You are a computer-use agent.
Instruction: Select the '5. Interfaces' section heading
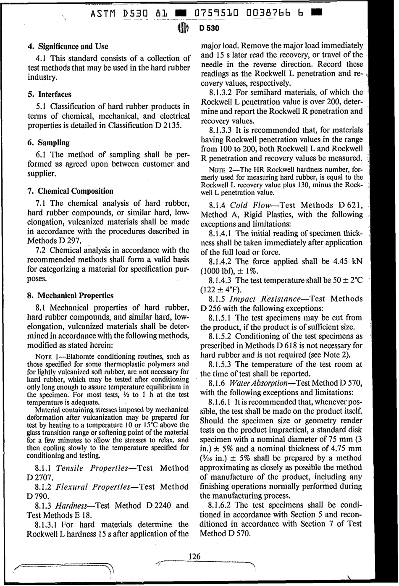(49, 95)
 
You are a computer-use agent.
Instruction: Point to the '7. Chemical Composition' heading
(70, 191)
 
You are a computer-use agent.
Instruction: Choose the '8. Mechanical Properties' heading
(70, 295)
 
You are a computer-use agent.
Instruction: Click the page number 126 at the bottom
(194, 556)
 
